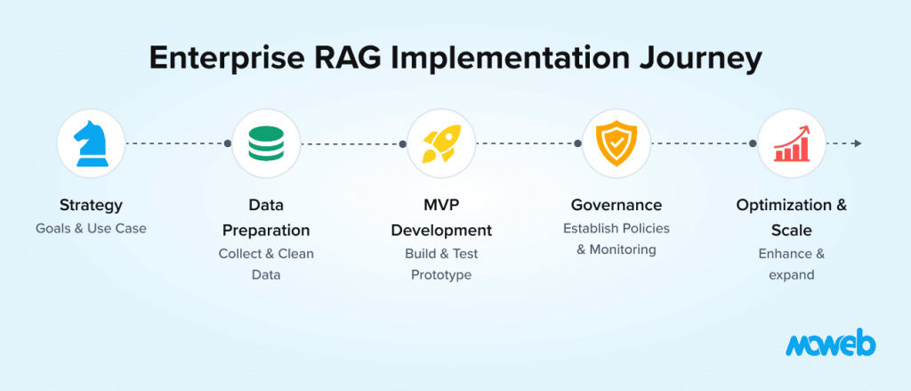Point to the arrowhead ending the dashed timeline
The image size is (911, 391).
pyautogui.click(x=857, y=143)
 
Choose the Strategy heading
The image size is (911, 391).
pyautogui.click(x=91, y=206)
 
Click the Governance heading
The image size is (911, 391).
pyautogui.click(x=617, y=206)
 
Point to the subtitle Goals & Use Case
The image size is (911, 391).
pyautogui.click(x=91, y=229)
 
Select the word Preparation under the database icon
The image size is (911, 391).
pyautogui.click(x=266, y=231)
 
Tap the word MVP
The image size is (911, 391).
pyautogui.click(x=440, y=206)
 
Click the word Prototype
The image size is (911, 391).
pyautogui.click(x=440, y=275)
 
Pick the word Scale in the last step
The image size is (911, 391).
pyautogui.click(x=792, y=231)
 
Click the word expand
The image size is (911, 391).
pyautogui.click(x=792, y=275)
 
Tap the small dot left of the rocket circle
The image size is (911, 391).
pyautogui.click(x=403, y=143)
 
